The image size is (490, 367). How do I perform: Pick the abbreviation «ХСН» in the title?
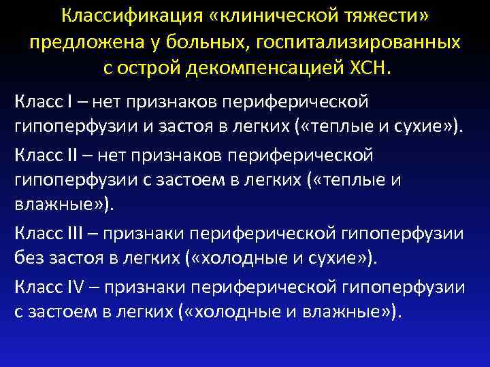click(x=365, y=70)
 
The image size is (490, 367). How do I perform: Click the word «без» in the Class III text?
click(x=27, y=259)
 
